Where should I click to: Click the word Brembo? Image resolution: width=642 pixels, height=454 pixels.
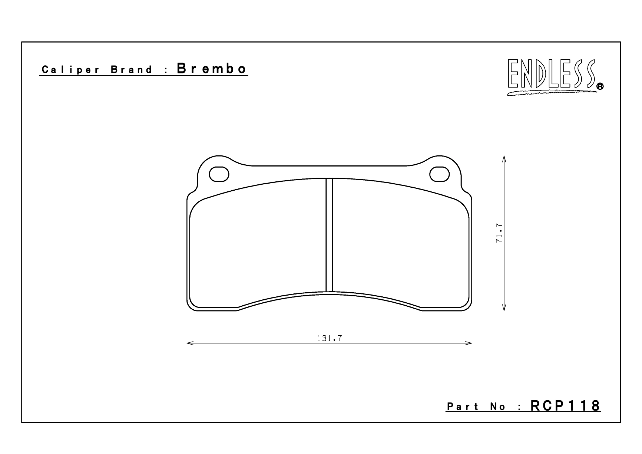coord(212,69)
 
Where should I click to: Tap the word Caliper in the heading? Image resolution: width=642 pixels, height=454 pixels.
coord(71,70)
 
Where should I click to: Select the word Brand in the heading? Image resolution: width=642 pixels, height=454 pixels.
coord(132,69)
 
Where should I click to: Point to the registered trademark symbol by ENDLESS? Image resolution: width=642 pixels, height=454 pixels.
coord(600,86)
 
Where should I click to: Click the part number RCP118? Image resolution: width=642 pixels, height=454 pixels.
coord(565,406)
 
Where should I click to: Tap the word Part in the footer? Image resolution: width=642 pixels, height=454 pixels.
coord(463,407)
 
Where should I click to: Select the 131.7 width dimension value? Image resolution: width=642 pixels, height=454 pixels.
coord(330,338)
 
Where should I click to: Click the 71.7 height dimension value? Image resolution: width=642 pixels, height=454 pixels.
coord(499,233)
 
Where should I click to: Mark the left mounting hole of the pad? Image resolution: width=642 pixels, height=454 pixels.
coord(219,174)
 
